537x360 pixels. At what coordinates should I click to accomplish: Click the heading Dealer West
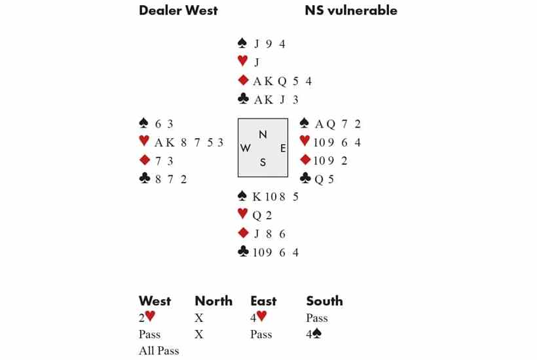(x=178, y=10)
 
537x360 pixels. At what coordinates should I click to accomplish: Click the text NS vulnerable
(x=350, y=10)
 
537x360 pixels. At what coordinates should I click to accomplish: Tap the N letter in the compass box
(x=263, y=134)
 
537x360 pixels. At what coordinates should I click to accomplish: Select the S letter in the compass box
(x=263, y=163)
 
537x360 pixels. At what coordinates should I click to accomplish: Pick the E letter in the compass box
(x=282, y=149)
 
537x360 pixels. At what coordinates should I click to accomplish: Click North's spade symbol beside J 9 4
(x=243, y=45)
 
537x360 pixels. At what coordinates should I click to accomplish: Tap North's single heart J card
(x=257, y=63)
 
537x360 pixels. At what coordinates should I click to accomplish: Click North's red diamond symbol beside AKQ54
(x=243, y=81)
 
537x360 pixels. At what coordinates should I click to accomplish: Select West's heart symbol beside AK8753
(x=145, y=142)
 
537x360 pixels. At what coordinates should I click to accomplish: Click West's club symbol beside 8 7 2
(x=145, y=179)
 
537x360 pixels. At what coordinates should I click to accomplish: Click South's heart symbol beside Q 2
(x=243, y=215)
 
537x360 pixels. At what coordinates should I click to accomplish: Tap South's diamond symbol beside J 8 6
(x=243, y=234)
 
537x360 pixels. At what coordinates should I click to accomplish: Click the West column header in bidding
(x=155, y=301)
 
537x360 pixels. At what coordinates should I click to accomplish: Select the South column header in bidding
(x=324, y=301)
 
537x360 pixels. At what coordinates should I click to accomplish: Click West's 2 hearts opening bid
(x=147, y=318)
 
